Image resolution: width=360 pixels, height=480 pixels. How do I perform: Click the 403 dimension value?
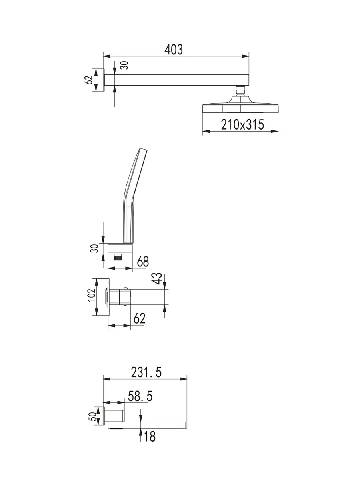173,50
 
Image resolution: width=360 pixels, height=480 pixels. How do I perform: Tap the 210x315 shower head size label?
242,124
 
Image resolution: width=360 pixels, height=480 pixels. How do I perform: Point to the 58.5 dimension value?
140,396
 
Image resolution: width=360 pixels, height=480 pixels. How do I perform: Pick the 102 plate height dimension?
92,295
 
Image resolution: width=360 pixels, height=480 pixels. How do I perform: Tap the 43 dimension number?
158,278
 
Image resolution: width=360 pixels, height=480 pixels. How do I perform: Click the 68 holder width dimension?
143,262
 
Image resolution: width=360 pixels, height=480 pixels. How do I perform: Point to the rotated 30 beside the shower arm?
124,65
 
